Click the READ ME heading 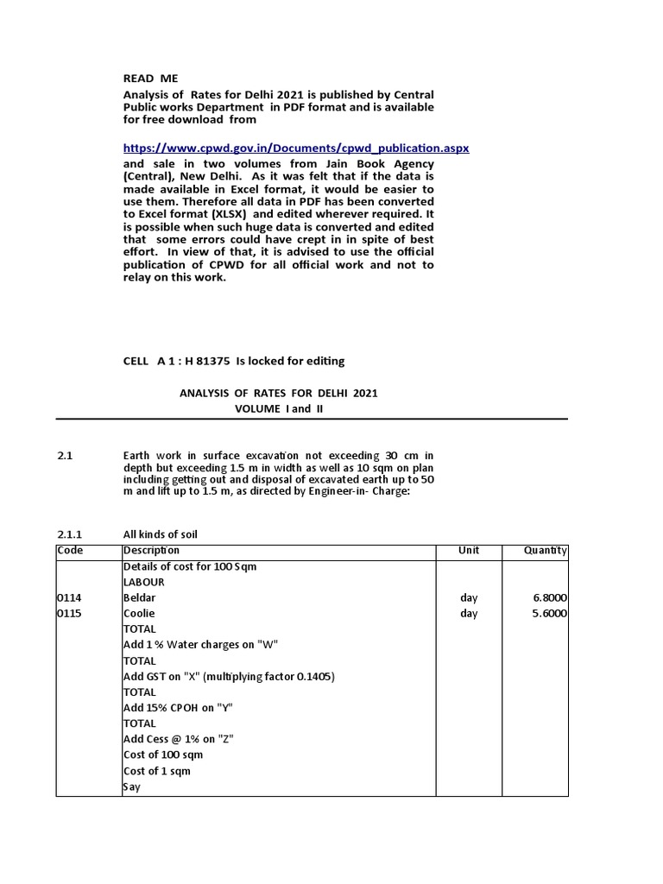click(x=150, y=79)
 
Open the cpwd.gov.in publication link click(x=296, y=148)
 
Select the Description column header click(x=152, y=551)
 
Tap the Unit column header click(x=469, y=551)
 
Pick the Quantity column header click(x=545, y=551)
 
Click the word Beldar click(x=139, y=597)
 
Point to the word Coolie click(x=139, y=613)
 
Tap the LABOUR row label click(x=143, y=582)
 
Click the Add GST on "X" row click(x=229, y=676)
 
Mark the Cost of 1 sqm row click(x=156, y=770)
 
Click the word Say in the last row click(x=131, y=786)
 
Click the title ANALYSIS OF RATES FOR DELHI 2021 click(x=278, y=393)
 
